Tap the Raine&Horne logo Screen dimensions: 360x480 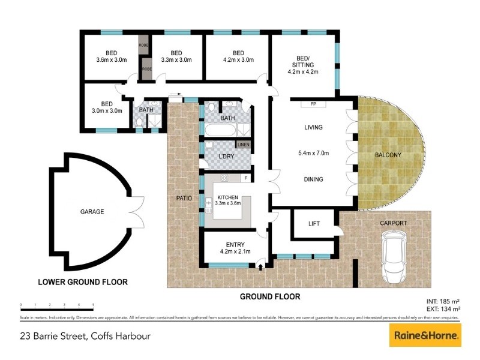tap(425, 334)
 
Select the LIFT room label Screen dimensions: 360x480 tap(313, 223)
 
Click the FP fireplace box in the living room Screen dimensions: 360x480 tap(313, 104)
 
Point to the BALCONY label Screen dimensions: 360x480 tap(388, 155)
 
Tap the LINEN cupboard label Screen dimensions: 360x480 tap(243, 145)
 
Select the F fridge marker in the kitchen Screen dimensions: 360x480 tap(245, 178)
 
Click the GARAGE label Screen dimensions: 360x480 tap(92, 212)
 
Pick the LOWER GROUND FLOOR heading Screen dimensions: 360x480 tap(83, 281)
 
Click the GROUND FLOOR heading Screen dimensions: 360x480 tap(269, 296)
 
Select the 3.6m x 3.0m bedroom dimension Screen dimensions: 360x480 tap(112, 60)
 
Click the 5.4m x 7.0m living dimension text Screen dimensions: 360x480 tap(313, 153)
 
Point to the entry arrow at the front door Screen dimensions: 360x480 tap(260, 266)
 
